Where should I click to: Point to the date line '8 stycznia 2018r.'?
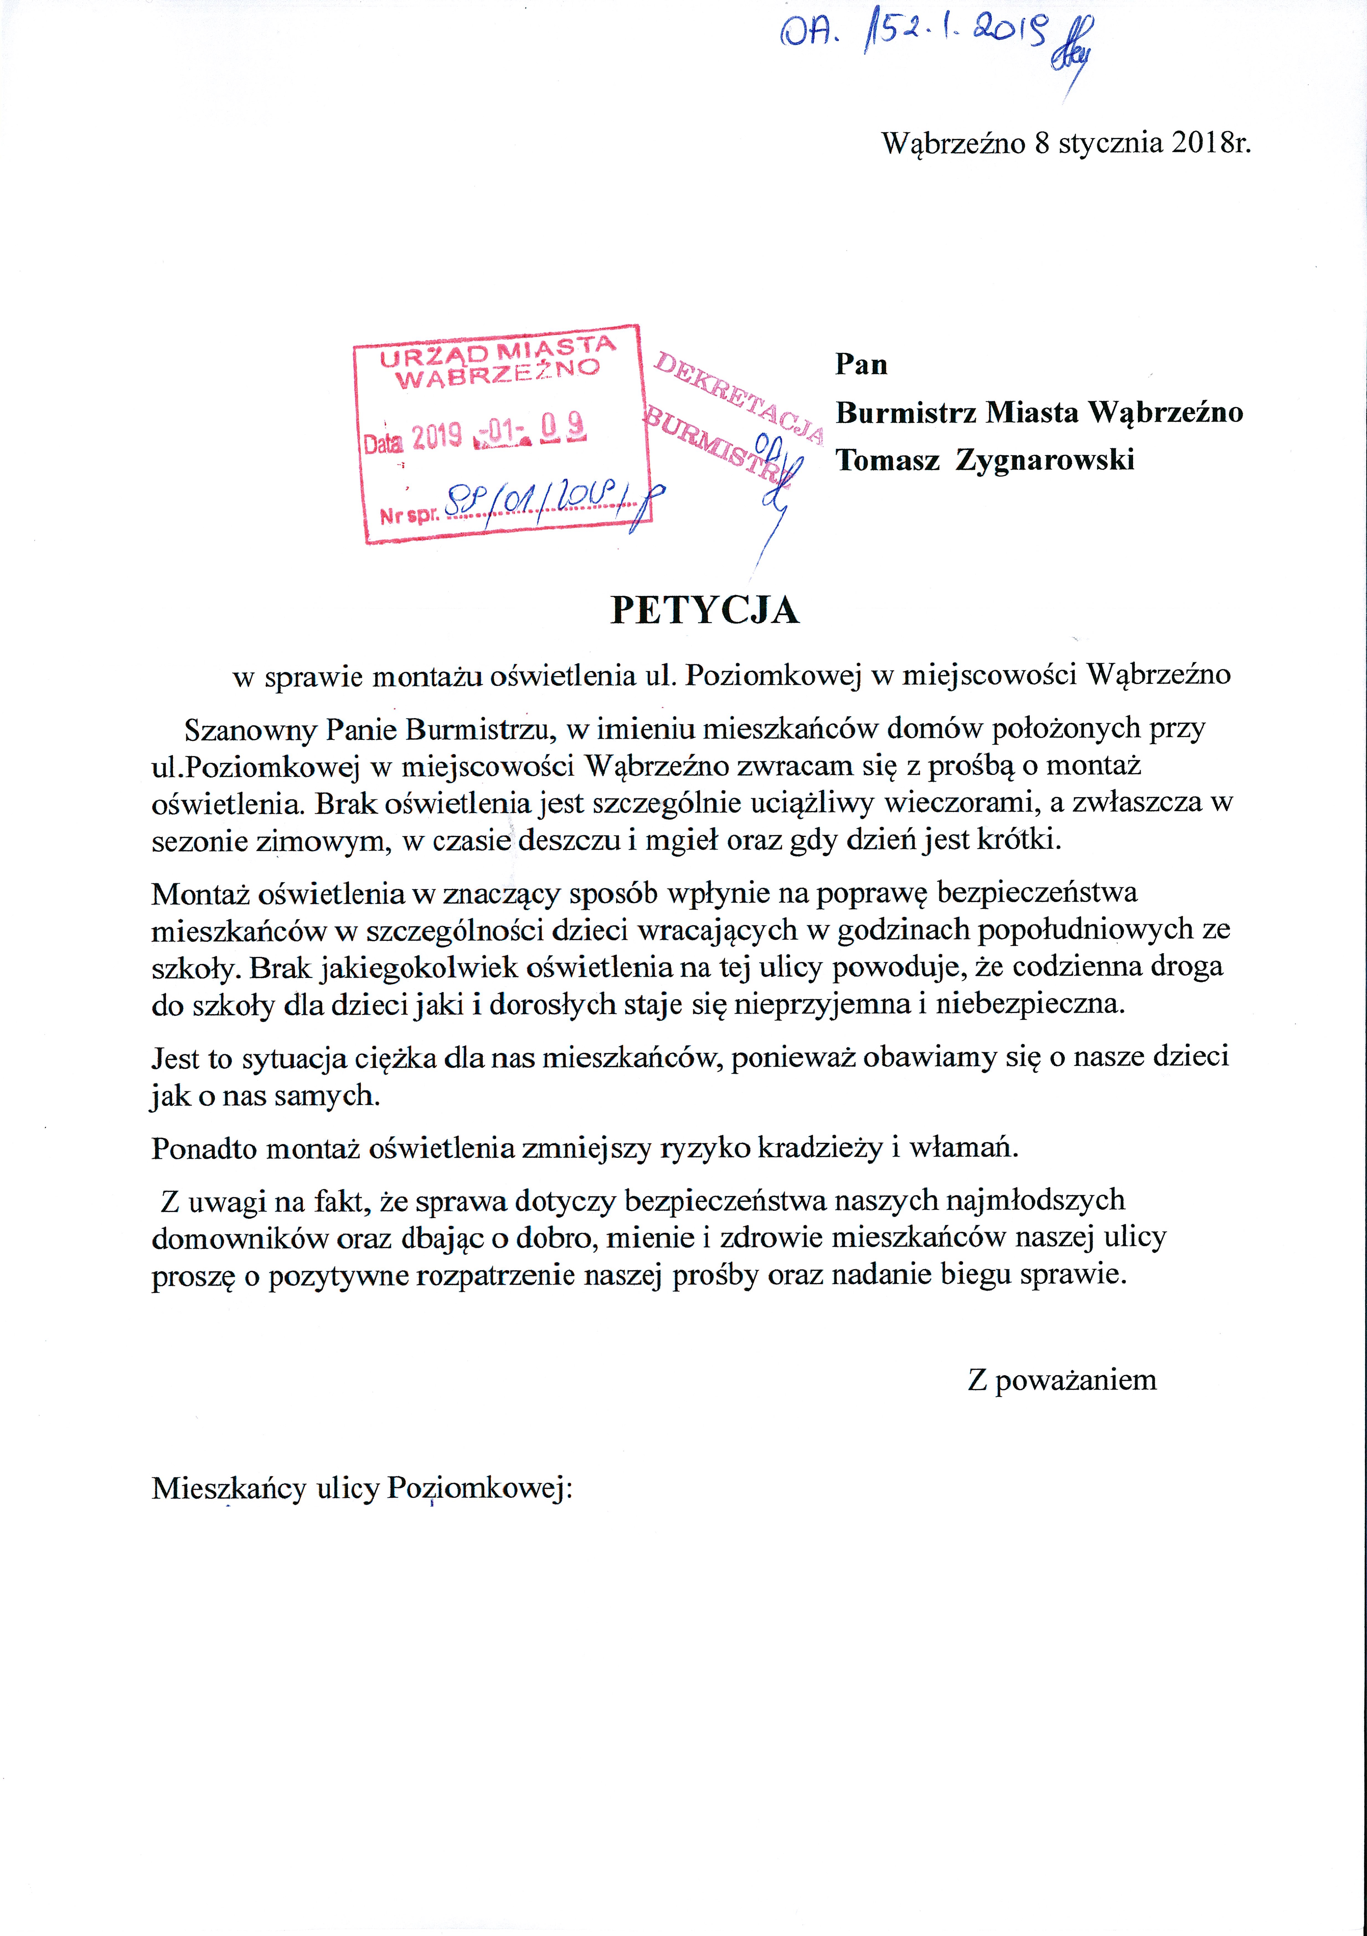click(x=1142, y=143)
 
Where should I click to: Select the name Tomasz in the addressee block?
click(x=887, y=460)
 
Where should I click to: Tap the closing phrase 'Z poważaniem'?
click(x=1062, y=1380)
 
